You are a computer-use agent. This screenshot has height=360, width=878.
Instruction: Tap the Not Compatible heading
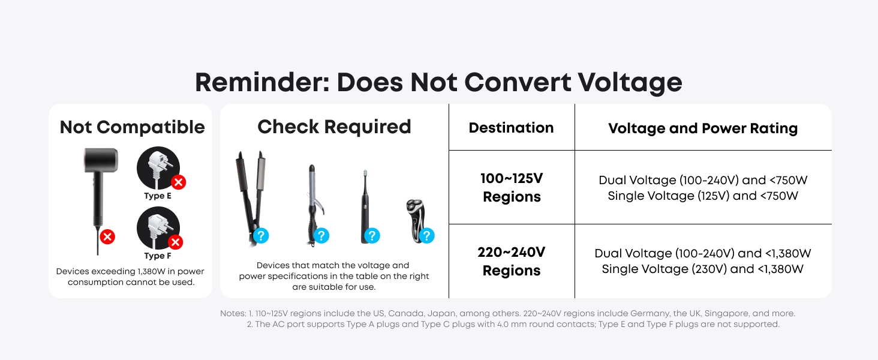(132, 127)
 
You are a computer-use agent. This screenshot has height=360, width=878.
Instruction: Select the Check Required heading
(334, 127)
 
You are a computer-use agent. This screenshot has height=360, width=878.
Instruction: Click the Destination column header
(511, 127)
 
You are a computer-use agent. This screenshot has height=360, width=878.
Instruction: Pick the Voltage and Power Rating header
(703, 128)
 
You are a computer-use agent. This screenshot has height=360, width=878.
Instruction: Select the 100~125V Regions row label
(512, 187)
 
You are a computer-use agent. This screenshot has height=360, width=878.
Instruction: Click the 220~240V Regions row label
(511, 261)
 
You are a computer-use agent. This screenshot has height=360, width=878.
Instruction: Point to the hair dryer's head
(101, 160)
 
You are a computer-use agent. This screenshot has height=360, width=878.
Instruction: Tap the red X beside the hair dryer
(107, 236)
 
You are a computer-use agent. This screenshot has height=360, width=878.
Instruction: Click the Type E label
(158, 196)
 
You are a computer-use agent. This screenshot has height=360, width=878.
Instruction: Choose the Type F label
(158, 256)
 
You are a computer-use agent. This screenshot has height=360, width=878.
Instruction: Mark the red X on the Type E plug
(178, 182)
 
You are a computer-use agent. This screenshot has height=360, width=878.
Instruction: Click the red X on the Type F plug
(176, 242)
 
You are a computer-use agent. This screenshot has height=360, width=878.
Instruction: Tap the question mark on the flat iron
(261, 236)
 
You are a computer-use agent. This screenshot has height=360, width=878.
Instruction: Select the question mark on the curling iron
(321, 236)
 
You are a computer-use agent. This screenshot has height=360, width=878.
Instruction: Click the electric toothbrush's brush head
(365, 173)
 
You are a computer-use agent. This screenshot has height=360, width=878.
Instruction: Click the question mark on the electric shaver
(427, 236)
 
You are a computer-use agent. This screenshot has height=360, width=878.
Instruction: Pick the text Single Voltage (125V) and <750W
(703, 196)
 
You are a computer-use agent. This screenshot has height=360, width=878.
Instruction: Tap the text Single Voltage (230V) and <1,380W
(703, 269)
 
